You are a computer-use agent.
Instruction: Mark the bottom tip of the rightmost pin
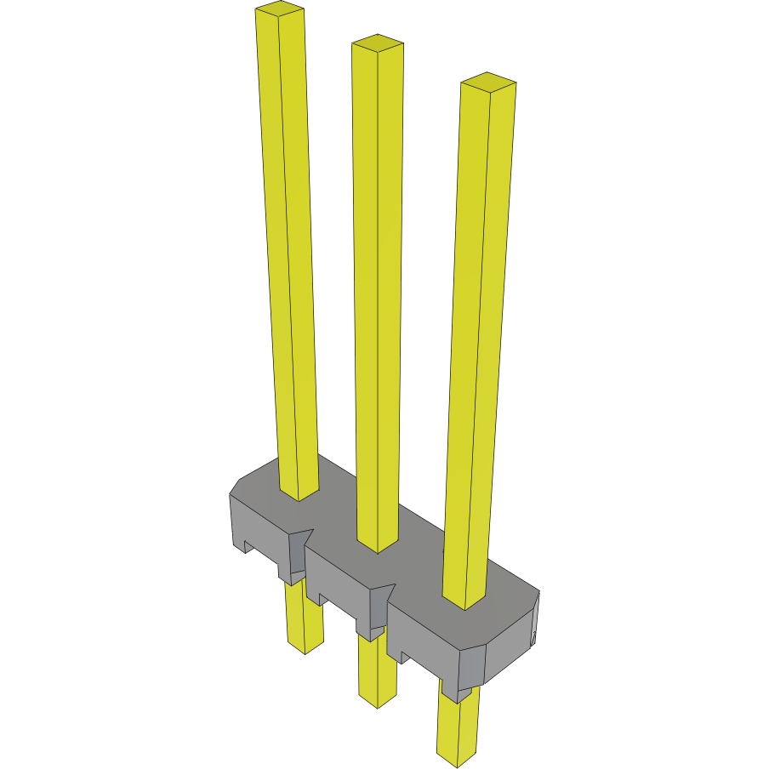[x=456, y=755]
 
